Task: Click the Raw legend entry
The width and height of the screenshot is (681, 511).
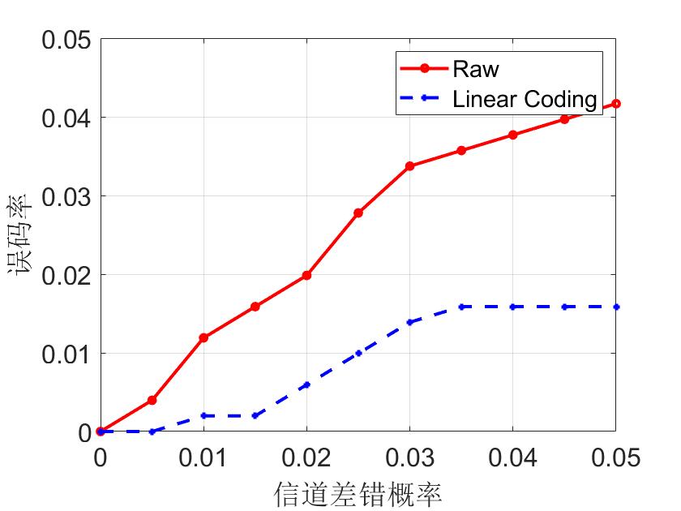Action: (476, 68)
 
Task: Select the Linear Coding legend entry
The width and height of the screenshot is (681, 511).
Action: (524, 99)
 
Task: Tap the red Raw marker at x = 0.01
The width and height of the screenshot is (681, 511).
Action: (203, 337)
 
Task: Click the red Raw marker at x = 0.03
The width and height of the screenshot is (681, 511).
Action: (409, 165)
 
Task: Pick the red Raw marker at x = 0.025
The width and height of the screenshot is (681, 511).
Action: (358, 213)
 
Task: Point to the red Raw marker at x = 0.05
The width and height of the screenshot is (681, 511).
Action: (616, 104)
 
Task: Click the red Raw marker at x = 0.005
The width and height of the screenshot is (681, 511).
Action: (152, 401)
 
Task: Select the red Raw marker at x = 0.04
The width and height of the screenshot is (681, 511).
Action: (512, 135)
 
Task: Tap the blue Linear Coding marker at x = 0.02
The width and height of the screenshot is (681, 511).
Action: (306, 384)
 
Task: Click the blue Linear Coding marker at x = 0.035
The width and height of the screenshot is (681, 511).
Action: (461, 307)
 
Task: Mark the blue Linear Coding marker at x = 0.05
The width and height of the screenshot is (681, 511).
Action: (616, 307)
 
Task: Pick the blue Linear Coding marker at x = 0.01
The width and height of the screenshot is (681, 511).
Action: (203, 415)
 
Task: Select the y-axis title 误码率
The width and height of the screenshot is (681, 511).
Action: (22, 235)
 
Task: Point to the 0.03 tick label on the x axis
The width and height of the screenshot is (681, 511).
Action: (409, 458)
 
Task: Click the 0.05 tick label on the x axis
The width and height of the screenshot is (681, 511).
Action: (615, 458)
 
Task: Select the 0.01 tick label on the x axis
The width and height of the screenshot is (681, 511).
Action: (203, 458)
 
